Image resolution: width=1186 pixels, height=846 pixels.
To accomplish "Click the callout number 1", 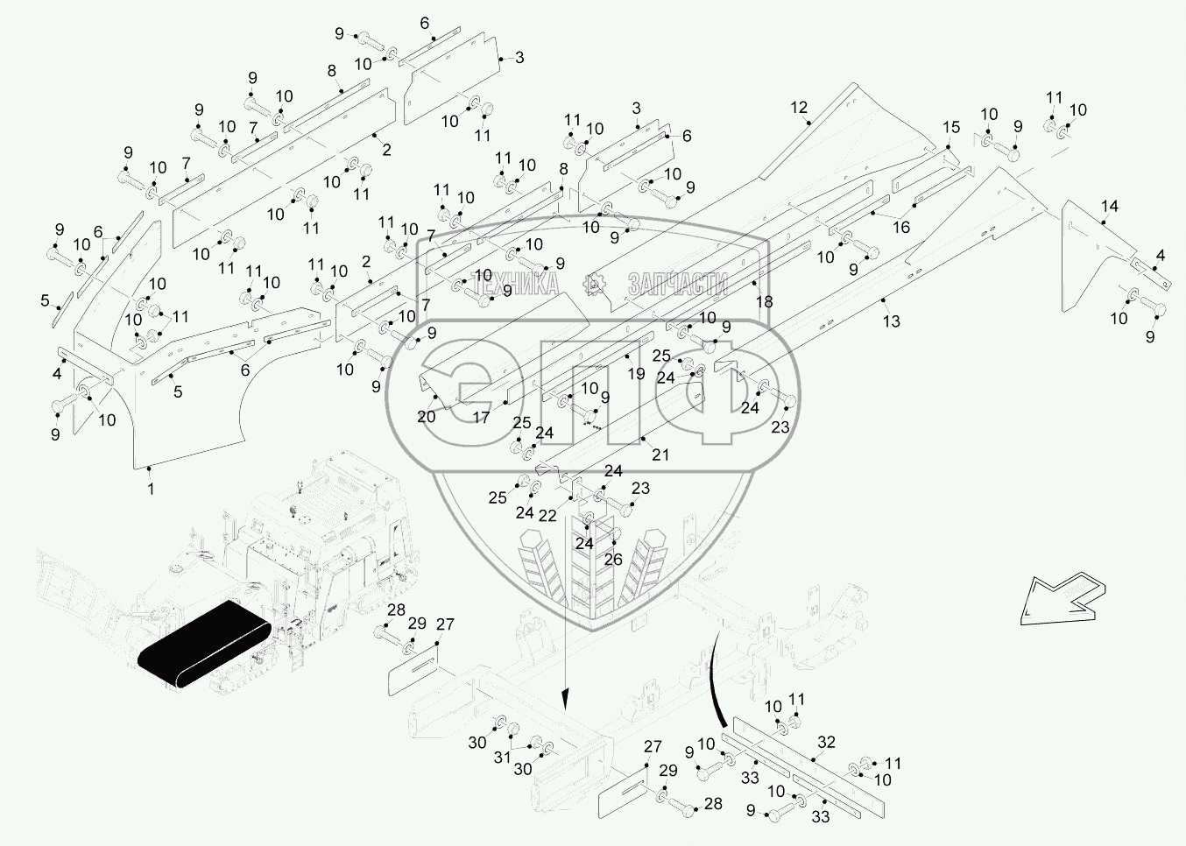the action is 151,488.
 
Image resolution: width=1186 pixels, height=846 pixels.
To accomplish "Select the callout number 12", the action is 799,108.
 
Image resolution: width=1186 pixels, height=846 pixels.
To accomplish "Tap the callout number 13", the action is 892,321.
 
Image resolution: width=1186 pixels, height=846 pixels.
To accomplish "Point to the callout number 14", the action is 1110,206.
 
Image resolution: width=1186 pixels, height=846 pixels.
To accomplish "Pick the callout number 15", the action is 951,127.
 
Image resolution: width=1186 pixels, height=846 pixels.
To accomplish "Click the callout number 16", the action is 901,227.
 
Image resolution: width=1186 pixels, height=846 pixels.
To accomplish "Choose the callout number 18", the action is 765,302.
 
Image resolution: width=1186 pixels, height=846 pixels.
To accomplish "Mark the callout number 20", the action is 427,417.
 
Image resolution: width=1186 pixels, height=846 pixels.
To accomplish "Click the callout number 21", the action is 660,455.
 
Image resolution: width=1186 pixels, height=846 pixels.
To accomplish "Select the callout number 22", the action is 547,515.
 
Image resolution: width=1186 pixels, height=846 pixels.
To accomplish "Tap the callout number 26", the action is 613,560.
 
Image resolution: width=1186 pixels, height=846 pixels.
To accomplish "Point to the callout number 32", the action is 826,743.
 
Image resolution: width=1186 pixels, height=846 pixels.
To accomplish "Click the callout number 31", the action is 502,758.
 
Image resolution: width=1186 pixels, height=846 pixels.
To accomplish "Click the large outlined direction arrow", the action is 1062,598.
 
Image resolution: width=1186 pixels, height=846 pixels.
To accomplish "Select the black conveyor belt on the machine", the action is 204,645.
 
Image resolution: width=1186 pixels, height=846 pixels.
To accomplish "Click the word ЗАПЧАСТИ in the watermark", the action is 678,284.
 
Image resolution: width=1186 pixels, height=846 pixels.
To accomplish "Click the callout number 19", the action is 636,374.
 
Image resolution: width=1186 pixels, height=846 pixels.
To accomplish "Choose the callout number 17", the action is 481,418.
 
